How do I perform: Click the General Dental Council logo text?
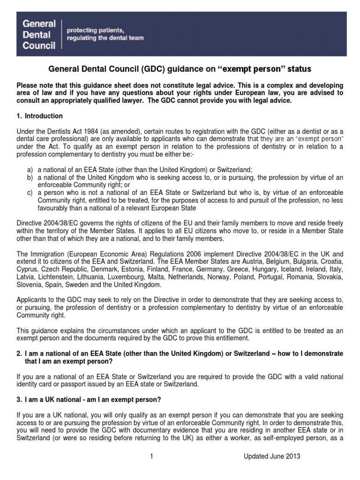[x=39, y=34]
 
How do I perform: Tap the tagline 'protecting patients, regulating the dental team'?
[x=105, y=34]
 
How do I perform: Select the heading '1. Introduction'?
[x=40, y=116]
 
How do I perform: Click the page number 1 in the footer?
[x=152, y=457]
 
